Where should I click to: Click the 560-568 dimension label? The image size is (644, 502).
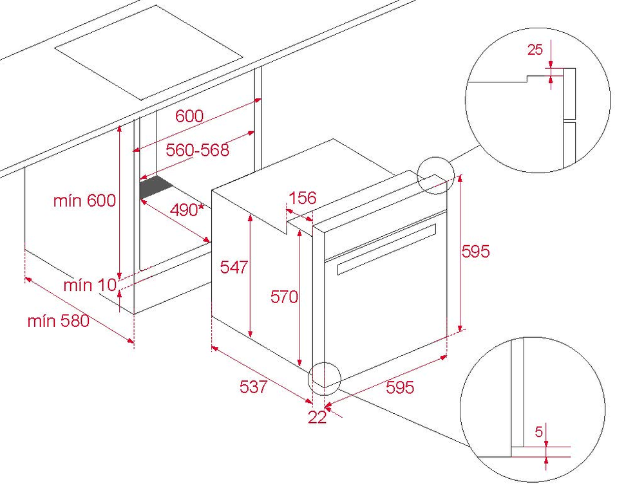click(197, 150)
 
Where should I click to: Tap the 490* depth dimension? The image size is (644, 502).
click(187, 210)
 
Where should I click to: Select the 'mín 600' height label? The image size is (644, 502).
click(84, 200)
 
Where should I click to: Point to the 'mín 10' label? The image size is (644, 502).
click(90, 285)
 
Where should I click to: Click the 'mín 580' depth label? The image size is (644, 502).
click(59, 321)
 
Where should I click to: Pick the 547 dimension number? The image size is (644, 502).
click(234, 267)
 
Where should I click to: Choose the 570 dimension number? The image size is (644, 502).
click(284, 296)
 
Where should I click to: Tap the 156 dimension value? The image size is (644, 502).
click(303, 198)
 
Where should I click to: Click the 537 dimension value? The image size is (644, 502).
click(253, 387)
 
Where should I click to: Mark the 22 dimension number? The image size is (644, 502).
click(317, 417)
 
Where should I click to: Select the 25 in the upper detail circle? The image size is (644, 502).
click(535, 50)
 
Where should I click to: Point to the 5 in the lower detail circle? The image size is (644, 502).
click(539, 431)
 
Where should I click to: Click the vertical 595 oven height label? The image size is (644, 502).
click(476, 251)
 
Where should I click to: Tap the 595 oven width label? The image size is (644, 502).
click(400, 387)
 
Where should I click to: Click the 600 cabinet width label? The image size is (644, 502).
click(189, 116)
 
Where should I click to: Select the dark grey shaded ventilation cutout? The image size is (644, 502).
click(155, 187)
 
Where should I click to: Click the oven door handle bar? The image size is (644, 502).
click(386, 250)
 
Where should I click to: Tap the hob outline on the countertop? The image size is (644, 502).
click(149, 52)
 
